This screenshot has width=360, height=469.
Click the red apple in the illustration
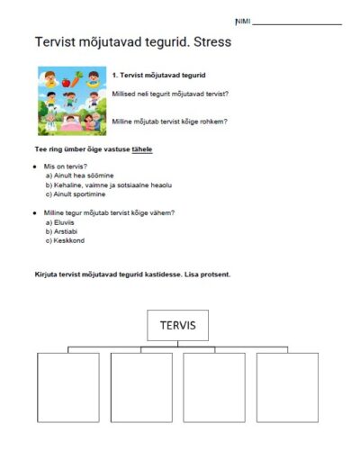[x=78, y=76]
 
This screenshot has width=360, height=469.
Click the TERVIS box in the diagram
[x=177, y=325]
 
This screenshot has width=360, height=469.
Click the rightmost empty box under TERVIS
[x=287, y=387]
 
